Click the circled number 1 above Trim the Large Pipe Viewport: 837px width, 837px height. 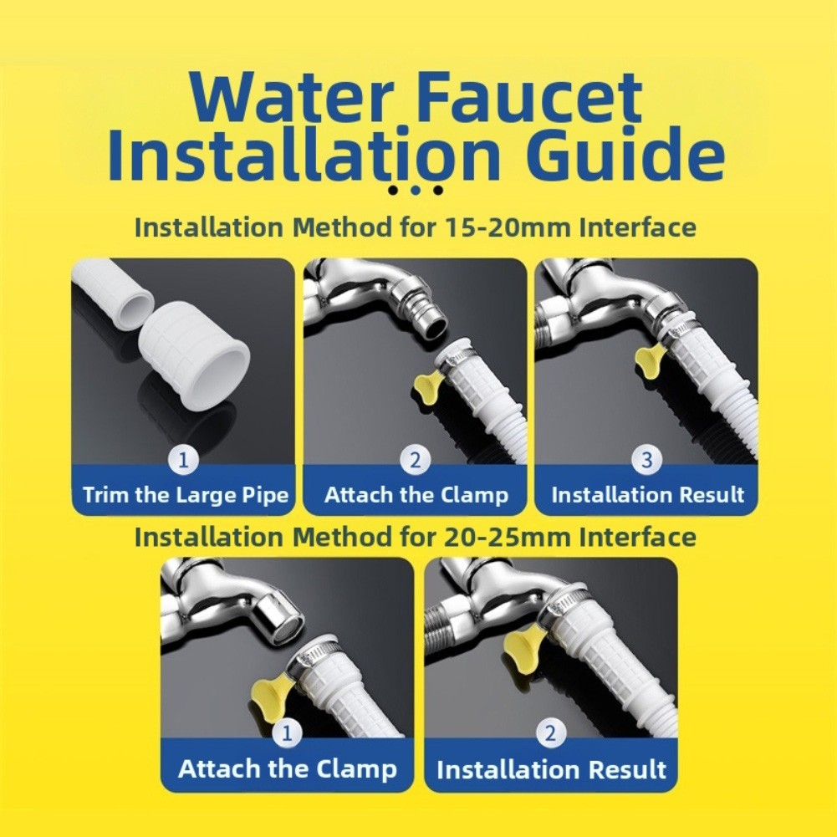point(184,460)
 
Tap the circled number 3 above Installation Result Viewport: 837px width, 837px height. point(646,460)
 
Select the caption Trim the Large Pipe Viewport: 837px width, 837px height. point(186,495)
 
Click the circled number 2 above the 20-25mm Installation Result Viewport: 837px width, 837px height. point(550,733)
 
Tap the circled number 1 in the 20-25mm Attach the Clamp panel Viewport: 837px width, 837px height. point(287,733)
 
